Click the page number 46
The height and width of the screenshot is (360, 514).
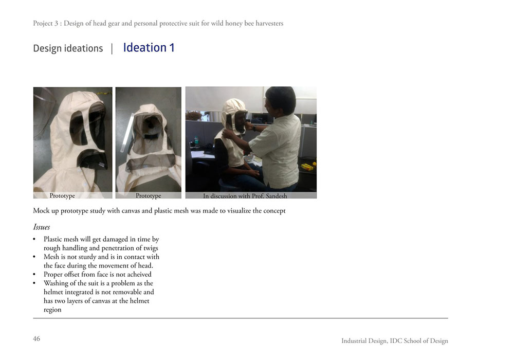click(x=36, y=339)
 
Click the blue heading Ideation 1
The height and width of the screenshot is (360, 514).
click(x=149, y=47)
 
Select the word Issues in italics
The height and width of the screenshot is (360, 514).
click(x=41, y=227)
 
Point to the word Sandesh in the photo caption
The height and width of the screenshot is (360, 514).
click(x=277, y=196)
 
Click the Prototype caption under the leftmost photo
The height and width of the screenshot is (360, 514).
click(x=62, y=196)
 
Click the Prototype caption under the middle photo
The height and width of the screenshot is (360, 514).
click(x=149, y=196)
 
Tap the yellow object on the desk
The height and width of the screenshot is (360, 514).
click(x=307, y=167)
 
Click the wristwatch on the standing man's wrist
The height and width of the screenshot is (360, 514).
click(x=254, y=128)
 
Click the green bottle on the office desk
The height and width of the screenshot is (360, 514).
click(x=196, y=141)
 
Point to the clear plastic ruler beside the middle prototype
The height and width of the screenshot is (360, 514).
click(x=127, y=133)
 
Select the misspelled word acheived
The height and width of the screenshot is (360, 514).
click(x=139, y=275)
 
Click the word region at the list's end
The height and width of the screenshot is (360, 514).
click(x=52, y=310)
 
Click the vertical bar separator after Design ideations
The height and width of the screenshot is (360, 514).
click(x=112, y=48)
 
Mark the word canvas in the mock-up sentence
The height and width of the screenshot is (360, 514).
click(x=131, y=211)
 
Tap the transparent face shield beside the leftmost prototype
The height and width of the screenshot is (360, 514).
click(x=44, y=112)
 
